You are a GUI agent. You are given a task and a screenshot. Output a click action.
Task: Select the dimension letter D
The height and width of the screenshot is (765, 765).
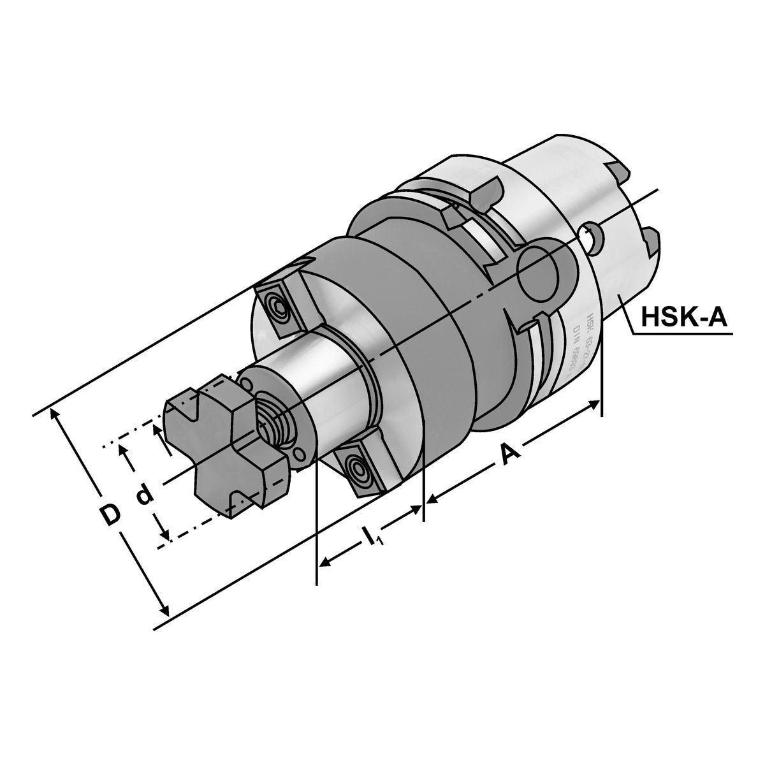111,514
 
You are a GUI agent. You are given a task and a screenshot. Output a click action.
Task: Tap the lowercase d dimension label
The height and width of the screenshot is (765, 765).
145,494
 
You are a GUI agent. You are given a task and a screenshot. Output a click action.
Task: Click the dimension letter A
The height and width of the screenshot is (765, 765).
508,455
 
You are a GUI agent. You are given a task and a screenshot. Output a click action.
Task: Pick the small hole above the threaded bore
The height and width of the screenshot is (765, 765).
246,383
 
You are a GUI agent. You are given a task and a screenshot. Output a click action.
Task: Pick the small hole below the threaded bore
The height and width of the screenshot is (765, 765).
299,455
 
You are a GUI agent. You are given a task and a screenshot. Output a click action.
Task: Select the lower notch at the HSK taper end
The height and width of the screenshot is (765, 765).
652,241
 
